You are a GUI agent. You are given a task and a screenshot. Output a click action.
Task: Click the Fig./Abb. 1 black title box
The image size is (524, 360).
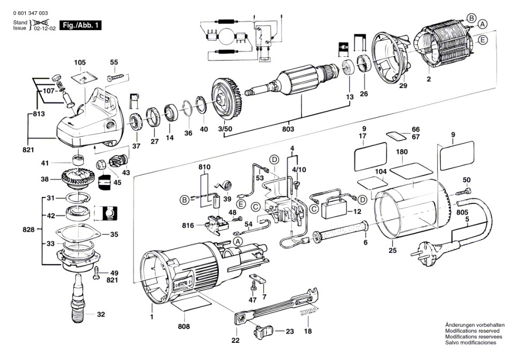point(80,25)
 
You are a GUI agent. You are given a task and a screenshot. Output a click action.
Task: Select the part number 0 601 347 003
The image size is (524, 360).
point(31,13)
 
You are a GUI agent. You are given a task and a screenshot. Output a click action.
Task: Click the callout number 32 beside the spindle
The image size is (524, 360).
point(101,314)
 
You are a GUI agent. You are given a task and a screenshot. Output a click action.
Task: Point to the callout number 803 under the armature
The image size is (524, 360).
point(288,129)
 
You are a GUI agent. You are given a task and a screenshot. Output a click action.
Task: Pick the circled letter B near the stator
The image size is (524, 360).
point(471,18)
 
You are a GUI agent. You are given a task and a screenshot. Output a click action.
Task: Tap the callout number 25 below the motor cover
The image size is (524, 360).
point(393,250)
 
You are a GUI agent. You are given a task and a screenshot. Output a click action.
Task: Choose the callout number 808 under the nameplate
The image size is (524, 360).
point(184,326)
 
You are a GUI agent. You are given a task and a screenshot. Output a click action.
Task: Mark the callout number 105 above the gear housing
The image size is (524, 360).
point(80,63)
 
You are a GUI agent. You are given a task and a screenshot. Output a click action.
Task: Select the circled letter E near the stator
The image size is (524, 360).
point(483,40)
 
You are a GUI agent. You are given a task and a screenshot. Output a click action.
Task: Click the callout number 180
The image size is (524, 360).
point(402,152)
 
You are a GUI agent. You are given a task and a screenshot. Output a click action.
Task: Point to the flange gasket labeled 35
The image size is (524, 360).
point(78,234)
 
